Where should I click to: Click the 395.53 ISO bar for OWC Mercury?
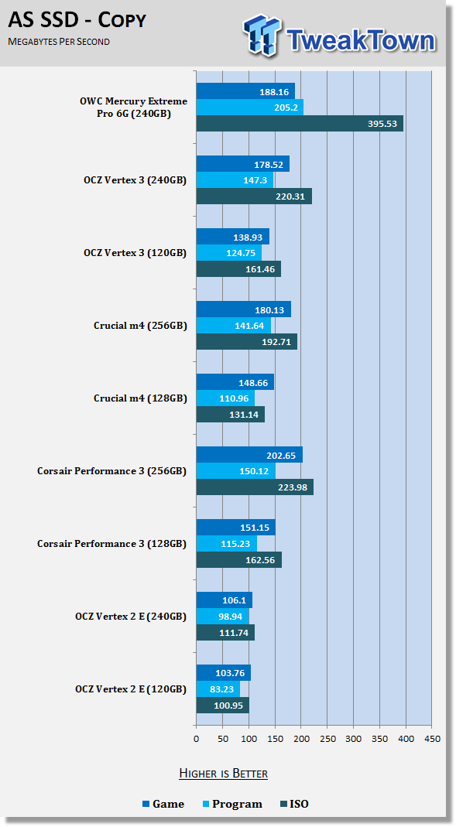pos(300,124)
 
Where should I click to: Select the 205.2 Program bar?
pos(250,108)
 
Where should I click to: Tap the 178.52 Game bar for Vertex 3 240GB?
pos(243,164)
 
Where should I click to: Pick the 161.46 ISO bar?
pos(238,269)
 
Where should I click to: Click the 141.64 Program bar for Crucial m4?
pos(234,326)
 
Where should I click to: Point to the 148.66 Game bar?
pos(235,382)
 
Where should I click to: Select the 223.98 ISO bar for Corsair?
pos(255,487)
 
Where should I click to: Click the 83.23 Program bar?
pos(218,689)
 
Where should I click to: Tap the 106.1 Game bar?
pos(225,600)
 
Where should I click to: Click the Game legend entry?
pos(163,804)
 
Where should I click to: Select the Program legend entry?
pos(232,805)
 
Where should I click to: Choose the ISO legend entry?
pos(294,804)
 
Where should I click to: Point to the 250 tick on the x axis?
pos(327,739)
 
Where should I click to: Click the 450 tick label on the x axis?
pos(432,739)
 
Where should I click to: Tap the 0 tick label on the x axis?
pos(197,739)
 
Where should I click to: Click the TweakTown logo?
pos(340,35)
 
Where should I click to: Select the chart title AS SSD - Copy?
pos(77,21)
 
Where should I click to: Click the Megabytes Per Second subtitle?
pos(59,42)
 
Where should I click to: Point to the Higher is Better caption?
pos(223,773)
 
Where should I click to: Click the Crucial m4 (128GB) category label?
pos(140,398)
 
